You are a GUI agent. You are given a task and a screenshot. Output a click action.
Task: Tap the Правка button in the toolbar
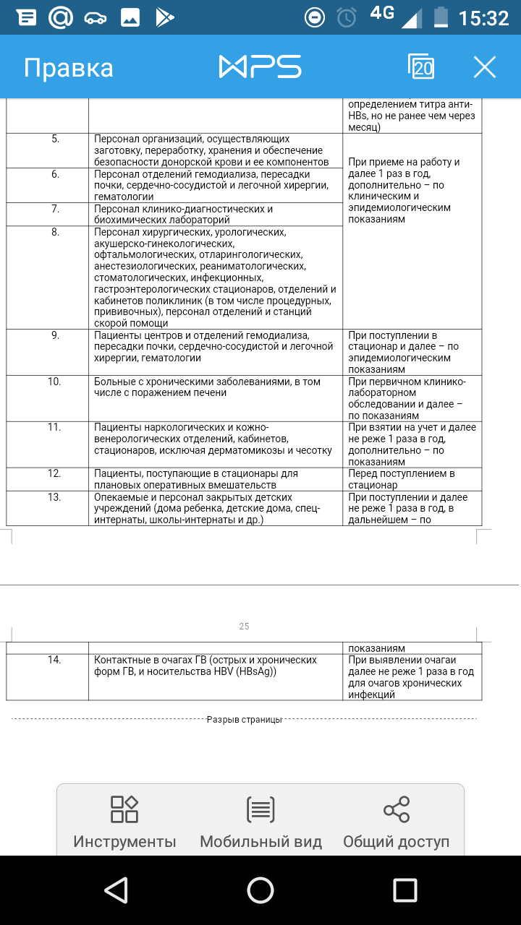point(68,68)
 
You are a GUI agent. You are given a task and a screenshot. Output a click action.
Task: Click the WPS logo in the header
point(260,67)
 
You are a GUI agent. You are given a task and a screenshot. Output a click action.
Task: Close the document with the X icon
point(484,67)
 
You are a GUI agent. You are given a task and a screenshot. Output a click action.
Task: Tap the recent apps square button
point(405,890)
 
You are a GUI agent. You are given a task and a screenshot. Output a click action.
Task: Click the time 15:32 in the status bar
point(483,17)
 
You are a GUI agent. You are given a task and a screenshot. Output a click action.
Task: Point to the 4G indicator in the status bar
point(381,12)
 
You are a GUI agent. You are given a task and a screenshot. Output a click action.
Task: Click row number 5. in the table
point(56,139)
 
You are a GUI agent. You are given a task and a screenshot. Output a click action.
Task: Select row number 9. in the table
point(56,335)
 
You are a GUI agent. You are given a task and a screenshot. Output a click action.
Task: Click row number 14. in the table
point(55,660)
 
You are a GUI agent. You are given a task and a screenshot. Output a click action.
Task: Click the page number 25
point(244,627)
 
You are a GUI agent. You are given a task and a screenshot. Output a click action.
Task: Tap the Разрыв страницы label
point(244,719)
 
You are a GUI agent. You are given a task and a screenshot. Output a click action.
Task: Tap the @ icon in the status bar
point(61,17)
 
